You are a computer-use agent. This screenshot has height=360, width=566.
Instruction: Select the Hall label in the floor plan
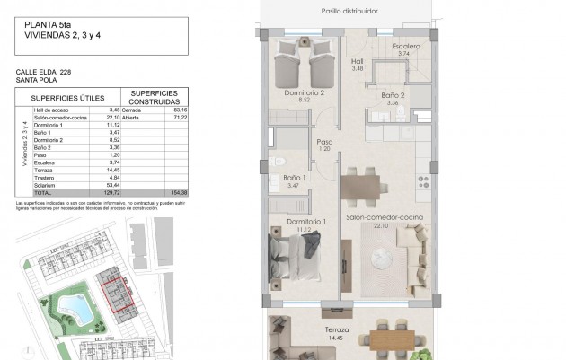click(357, 61)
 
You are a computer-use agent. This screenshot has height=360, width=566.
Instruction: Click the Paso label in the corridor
click(324, 142)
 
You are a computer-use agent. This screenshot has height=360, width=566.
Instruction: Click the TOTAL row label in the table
click(43, 193)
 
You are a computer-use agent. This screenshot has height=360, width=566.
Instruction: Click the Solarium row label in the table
click(46, 185)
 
